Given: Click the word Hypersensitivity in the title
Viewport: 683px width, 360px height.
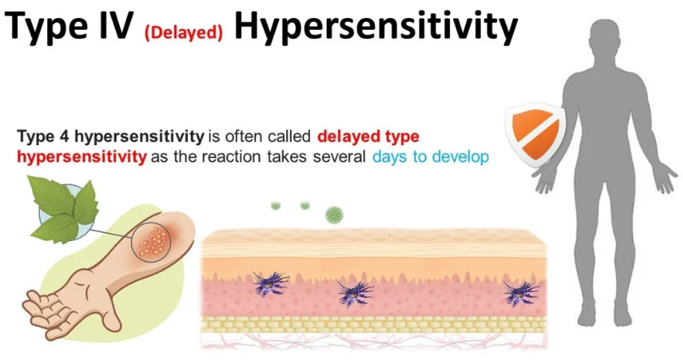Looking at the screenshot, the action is pos(376,28).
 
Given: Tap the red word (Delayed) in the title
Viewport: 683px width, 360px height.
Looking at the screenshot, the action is pos(183,33).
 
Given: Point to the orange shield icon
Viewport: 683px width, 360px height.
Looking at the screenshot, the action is pos(535,135).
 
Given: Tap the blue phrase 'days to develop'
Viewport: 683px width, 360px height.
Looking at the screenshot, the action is pos(431,156).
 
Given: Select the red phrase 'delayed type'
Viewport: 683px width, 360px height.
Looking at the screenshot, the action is pos(368,136).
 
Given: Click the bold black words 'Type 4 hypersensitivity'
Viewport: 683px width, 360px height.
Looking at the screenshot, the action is pos(111,137).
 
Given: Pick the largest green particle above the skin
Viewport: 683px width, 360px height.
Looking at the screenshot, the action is pos(334,215).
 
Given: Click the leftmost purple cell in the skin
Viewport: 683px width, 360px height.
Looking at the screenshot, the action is pos(270,284).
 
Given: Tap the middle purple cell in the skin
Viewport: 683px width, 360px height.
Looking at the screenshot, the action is pos(355,294).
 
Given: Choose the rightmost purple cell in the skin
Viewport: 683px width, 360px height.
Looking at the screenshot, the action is pos(521,293).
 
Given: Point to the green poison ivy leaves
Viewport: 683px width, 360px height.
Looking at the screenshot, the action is pos(64,208).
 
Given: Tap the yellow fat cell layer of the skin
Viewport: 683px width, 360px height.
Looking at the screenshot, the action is pos(374,324).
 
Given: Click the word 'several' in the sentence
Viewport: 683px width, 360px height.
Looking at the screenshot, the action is pos(339,156).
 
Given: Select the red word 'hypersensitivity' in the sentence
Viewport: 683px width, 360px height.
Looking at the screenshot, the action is pos(82,156).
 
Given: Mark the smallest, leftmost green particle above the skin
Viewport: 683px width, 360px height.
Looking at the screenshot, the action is pos(276,206).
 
